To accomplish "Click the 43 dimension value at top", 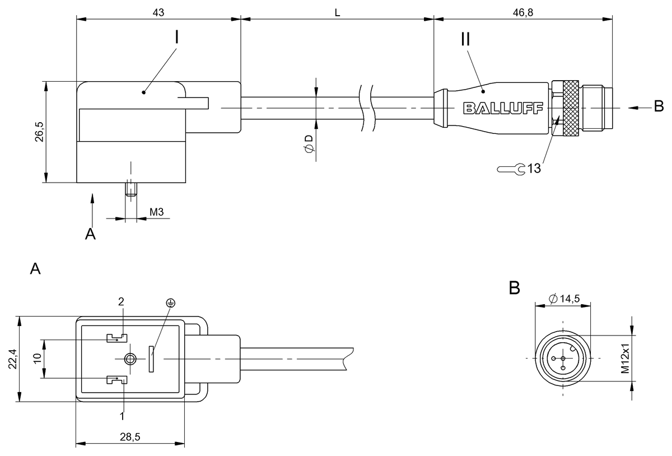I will pyautogui.click(x=158, y=12).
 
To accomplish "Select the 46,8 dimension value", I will pyautogui.click(x=522, y=12).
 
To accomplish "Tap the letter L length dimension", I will pyautogui.click(x=337, y=12).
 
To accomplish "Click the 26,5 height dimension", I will pyautogui.click(x=40, y=132).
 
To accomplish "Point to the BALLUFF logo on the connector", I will pyautogui.click(x=503, y=108).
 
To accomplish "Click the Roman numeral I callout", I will pyautogui.click(x=176, y=38).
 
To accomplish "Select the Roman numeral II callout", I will pyautogui.click(x=465, y=39).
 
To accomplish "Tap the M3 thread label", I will pyautogui.click(x=157, y=212).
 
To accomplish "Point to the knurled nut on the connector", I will pyautogui.click(x=571, y=108).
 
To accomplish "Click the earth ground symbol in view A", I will pyautogui.click(x=170, y=303).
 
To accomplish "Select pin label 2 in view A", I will pyautogui.click(x=120, y=301).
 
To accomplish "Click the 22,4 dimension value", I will pyautogui.click(x=13, y=359).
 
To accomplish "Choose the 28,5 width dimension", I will pyautogui.click(x=130, y=437).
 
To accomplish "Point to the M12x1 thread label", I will pyautogui.click(x=626, y=359).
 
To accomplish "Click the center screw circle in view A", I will pyautogui.click(x=130, y=359).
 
